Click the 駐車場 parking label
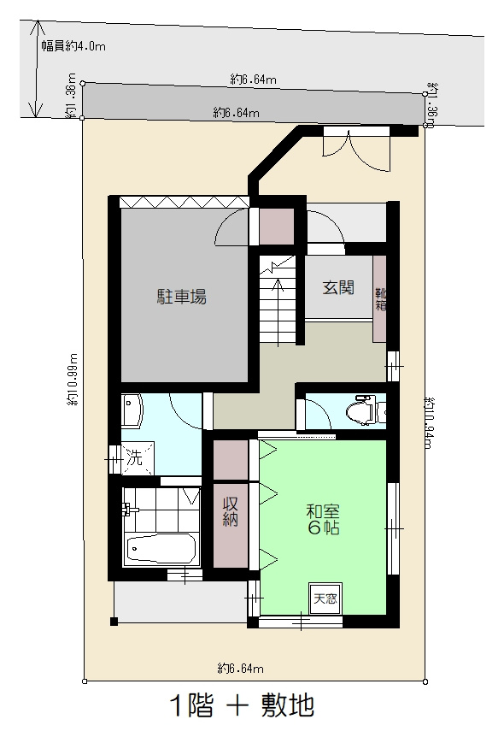(x=181, y=298)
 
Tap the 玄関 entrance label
(x=338, y=287)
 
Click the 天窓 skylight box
(x=324, y=598)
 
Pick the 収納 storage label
(x=230, y=510)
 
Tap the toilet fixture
(x=362, y=411)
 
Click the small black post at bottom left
(x=114, y=622)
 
